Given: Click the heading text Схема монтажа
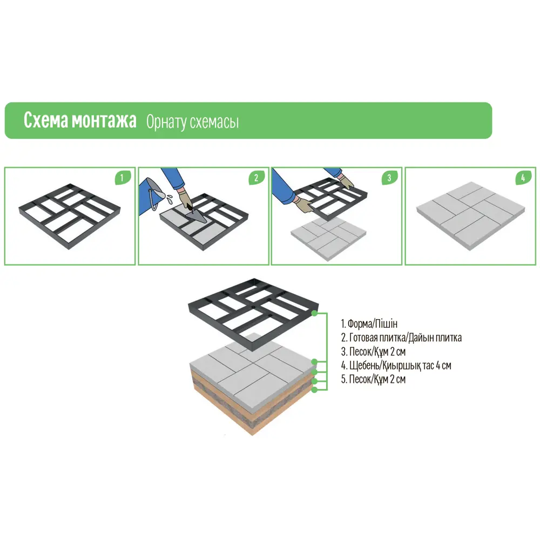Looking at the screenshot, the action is tap(80, 120).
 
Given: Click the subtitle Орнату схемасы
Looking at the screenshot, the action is tap(192, 122).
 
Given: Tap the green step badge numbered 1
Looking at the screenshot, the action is tap(122, 178).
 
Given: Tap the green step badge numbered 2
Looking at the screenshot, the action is tap(256, 178).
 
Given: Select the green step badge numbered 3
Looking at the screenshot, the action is tap(389, 178).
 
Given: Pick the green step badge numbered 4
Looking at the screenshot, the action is tap(523, 178).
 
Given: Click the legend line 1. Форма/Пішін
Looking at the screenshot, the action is tap(369, 323).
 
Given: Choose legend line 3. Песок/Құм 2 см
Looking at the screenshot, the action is tap(373, 352).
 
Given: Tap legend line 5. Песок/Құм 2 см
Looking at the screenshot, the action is tap(373, 379).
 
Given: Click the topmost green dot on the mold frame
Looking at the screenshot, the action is tap(314, 313).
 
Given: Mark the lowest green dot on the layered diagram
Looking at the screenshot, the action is tap(314, 390).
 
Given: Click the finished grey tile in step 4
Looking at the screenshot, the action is tap(471, 216).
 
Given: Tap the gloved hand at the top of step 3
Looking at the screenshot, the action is tap(346, 181).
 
